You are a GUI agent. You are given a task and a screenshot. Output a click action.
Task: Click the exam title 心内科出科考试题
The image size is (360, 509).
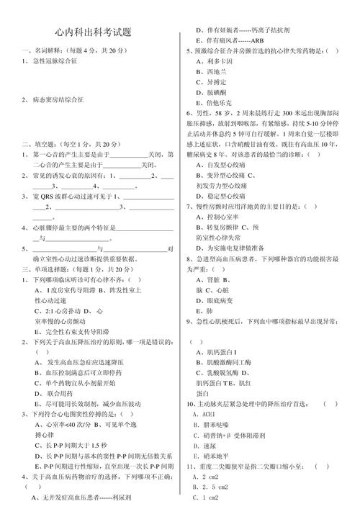coord(92,33)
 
